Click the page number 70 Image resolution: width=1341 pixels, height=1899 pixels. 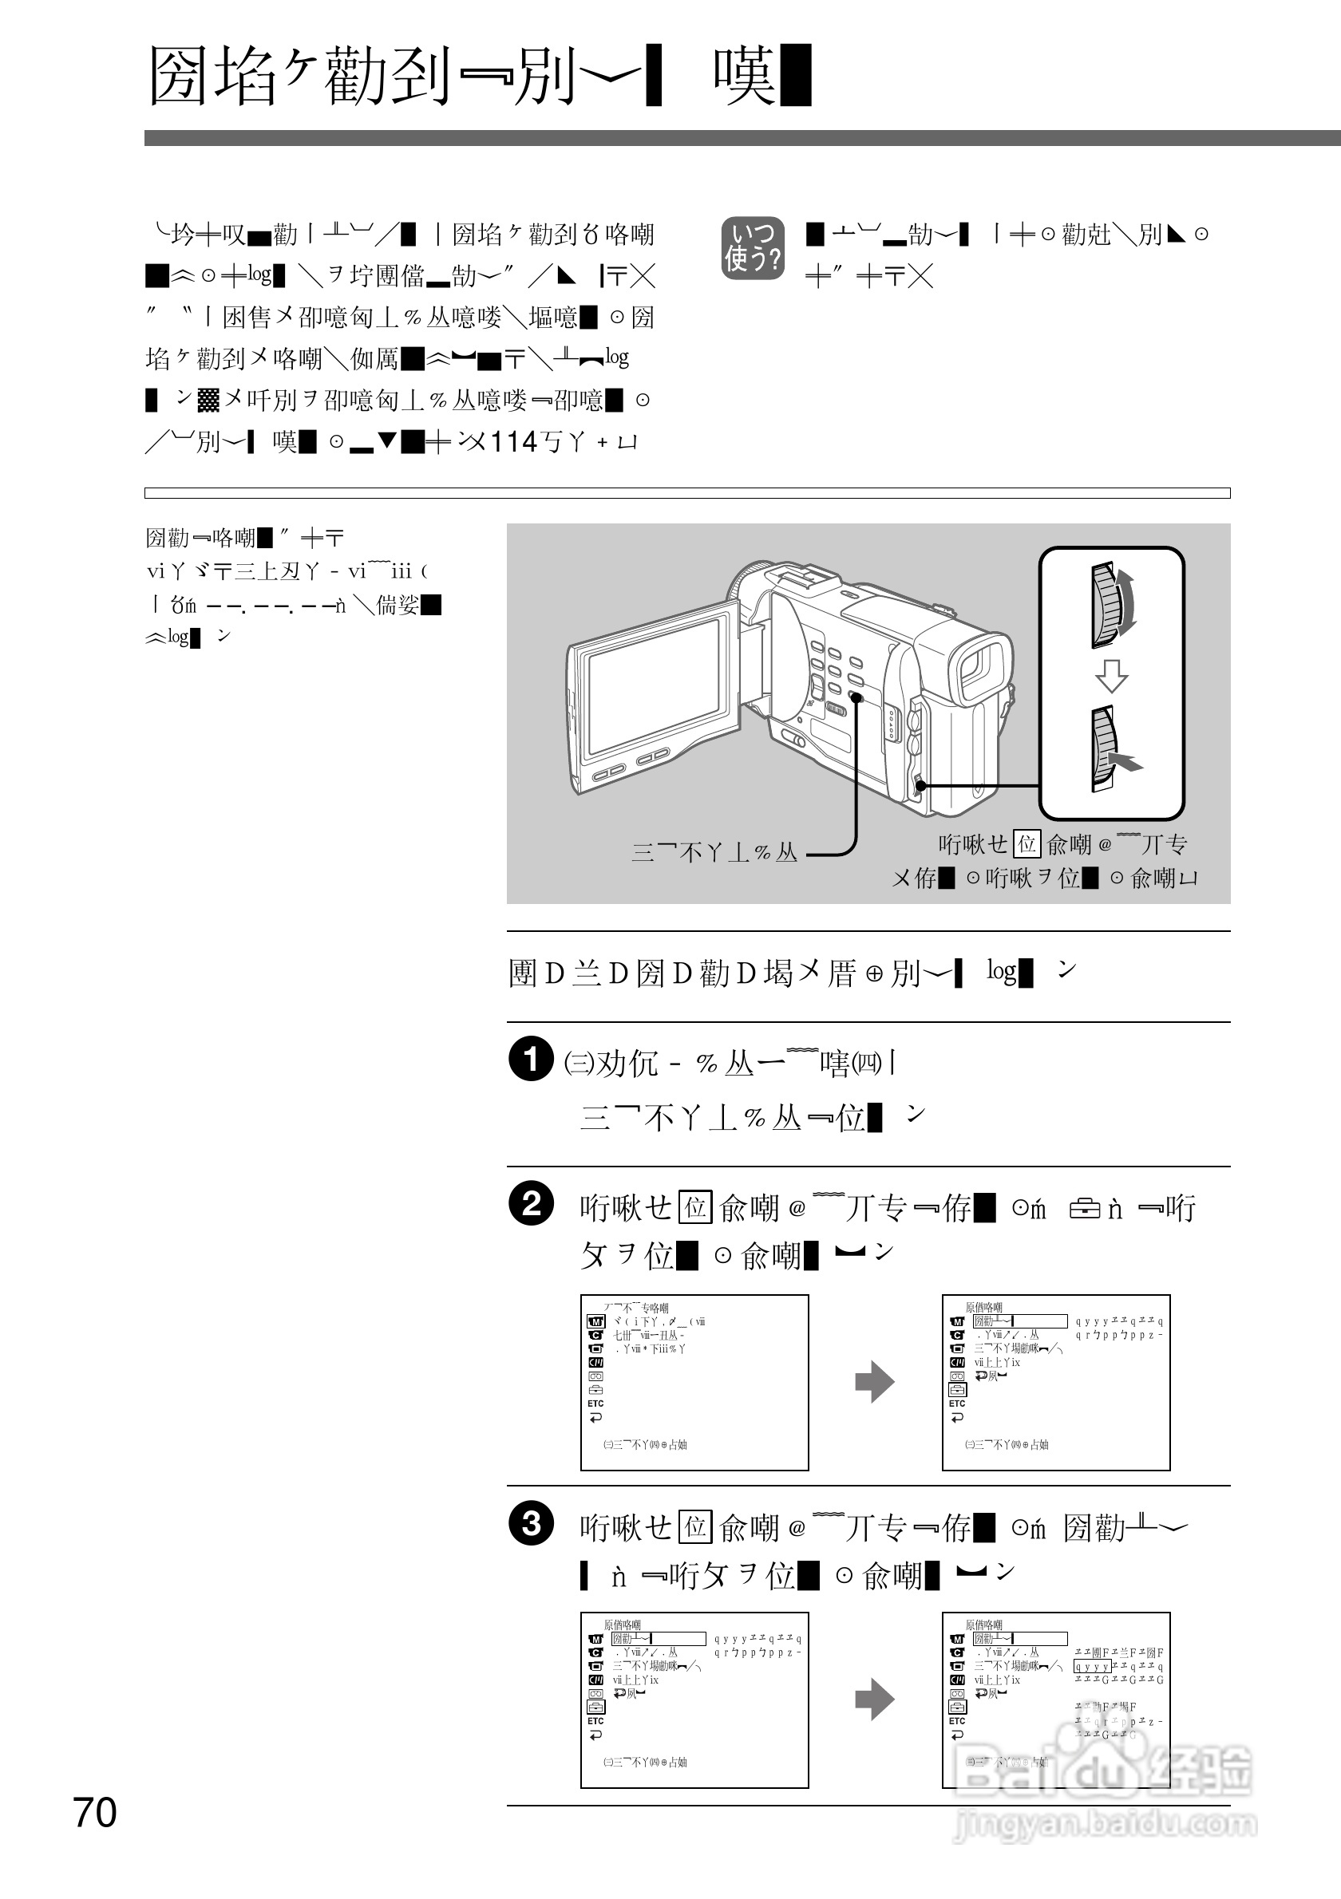tap(95, 1812)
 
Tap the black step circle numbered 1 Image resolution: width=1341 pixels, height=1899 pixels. tap(530, 1059)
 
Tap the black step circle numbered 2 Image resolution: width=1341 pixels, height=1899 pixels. tap(530, 1202)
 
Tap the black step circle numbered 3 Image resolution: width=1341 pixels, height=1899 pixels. tap(530, 1522)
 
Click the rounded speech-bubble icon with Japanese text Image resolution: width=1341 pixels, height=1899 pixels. tap(752, 248)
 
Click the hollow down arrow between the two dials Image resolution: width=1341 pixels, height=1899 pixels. tap(1111, 676)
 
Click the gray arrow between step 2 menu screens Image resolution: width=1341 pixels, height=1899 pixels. tap(874, 1382)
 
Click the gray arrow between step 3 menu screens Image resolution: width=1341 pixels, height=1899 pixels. tap(874, 1700)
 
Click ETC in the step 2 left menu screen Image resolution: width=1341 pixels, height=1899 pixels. tap(595, 1404)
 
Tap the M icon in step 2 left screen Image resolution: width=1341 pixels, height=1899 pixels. tap(595, 1321)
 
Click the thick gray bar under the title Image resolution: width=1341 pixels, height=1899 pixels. tap(742, 138)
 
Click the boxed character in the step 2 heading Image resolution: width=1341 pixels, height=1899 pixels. tap(695, 1207)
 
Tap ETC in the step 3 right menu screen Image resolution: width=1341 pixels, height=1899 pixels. tap(957, 1721)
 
